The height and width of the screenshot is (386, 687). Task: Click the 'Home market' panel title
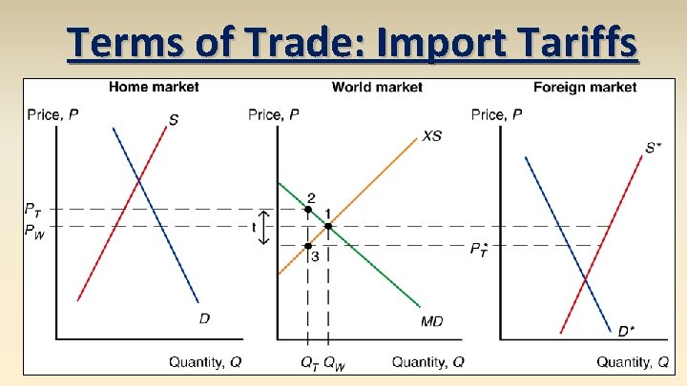coord(154,87)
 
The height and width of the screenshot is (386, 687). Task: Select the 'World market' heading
coord(377,87)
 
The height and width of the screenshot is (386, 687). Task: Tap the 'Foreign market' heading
coord(585,87)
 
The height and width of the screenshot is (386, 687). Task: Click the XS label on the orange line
coord(431,136)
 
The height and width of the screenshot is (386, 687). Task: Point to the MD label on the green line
coord(431,320)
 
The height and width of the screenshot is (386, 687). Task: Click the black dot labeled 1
coord(328,226)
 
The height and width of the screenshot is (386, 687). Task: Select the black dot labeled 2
coord(308,209)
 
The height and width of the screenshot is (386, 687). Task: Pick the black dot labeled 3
coord(308,246)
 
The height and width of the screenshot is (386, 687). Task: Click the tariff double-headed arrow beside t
coord(266,228)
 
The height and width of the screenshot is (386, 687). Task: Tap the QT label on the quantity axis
coord(307,362)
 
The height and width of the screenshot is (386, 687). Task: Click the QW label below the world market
coord(333,362)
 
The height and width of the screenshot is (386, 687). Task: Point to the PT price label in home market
coord(33,209)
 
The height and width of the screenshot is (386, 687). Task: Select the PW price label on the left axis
coord(34,229)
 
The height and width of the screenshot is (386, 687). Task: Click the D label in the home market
coord(204,318)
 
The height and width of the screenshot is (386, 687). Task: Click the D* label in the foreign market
coord(625,331)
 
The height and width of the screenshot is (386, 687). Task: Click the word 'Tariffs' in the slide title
coord(572,43)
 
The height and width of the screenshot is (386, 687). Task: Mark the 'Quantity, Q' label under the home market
coord(204,362)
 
